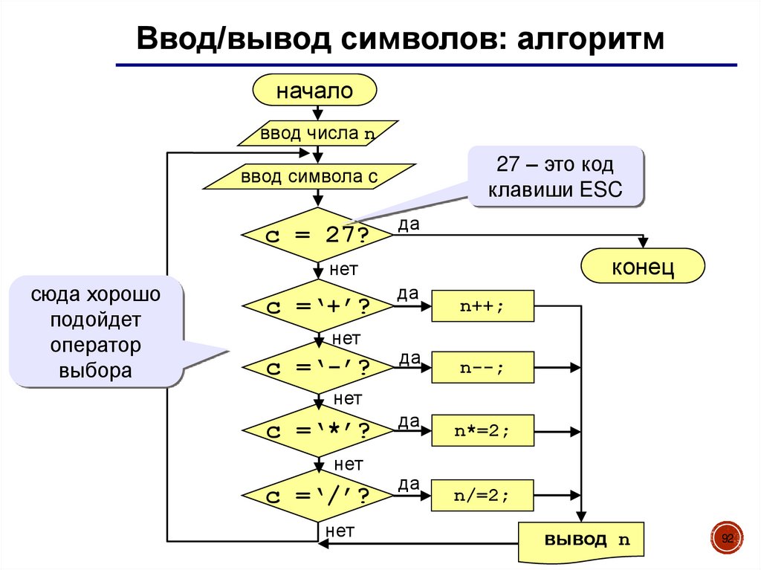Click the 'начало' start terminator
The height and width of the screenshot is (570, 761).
(x=314, y=91)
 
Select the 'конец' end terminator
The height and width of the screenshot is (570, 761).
(x=642, y=267)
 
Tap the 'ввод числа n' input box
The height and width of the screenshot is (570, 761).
(x=317, y=135)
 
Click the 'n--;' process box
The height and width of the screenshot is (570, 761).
(x=482, y=368)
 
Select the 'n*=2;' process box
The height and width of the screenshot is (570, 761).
(x=482, y=431)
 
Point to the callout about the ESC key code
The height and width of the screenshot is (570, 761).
(x=554, y=176)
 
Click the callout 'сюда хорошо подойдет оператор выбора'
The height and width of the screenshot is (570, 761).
(x=96, y=332)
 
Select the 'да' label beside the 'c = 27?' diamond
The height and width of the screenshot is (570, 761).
(x=408, y=224)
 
